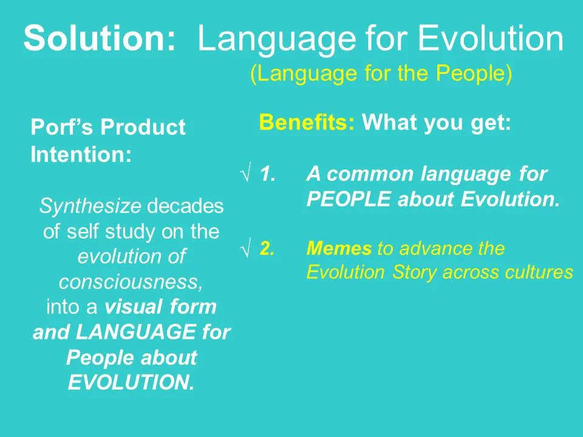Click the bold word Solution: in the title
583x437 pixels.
[100, 39]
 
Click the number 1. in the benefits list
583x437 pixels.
[268, 175]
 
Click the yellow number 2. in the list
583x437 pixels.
[268, 249]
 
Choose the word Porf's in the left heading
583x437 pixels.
[63, 127]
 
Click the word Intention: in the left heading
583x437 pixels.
[81, 154]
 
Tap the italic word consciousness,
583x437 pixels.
[131, 282]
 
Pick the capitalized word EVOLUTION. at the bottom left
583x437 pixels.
[131, 383]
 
